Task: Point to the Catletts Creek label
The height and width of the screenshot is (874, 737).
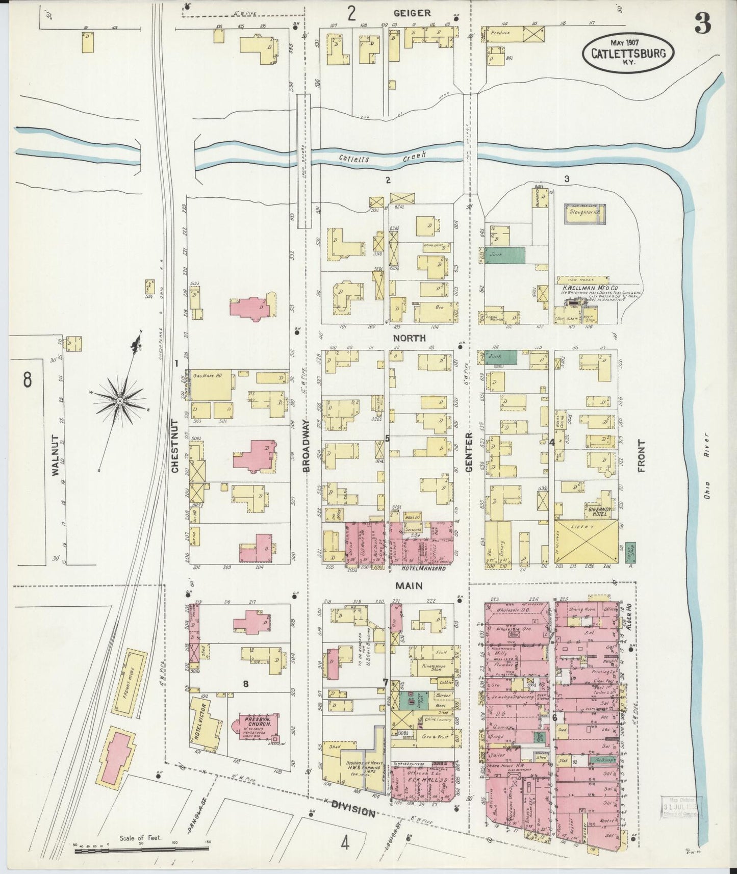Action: [x=383, y=157]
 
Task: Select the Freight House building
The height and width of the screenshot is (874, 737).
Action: [x=130, y=681]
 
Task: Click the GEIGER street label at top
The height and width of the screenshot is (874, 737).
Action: [x=412, y=13]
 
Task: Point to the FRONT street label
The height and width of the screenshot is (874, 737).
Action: [x=641, y=456]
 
